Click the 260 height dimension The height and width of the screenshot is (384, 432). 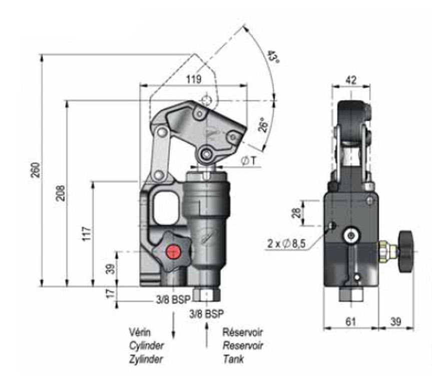tap(37, 170)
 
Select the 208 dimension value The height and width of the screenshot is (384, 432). tap(61, 193)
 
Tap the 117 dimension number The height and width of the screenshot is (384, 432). tap(87, 233)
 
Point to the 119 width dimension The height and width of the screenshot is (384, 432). tap(194, 79)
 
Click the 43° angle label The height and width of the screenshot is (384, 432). tap(273, 57)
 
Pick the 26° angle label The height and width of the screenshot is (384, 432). tap(263, 125)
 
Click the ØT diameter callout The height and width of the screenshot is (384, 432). tap(248, 161)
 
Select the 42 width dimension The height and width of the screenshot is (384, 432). tap(351, 80)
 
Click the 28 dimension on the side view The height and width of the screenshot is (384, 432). tap(296, 213)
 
